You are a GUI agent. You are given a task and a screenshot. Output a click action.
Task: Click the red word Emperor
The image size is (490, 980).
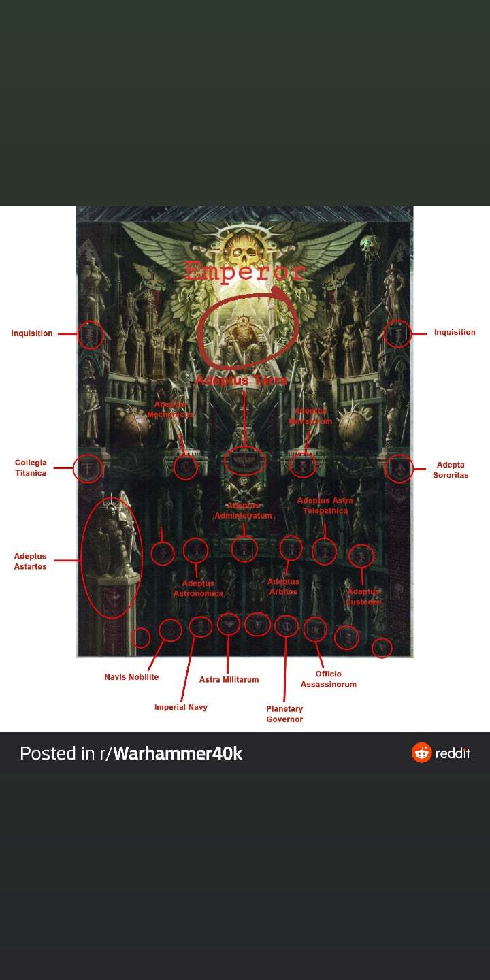[244, 272]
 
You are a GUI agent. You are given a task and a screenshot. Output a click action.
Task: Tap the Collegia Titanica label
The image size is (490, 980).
[31, 468]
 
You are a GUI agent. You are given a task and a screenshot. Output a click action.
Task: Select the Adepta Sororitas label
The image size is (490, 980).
[451, 470]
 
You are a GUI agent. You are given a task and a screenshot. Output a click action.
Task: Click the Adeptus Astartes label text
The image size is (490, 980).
[31, 561]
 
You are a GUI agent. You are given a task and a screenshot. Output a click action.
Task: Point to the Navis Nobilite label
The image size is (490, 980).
[131, 677]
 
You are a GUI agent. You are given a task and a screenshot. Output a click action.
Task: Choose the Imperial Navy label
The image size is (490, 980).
[181, 707]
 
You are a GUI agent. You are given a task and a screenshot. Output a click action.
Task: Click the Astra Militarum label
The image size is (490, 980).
[229, 679]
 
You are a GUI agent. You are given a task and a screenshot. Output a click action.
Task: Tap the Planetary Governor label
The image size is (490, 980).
[284, 714]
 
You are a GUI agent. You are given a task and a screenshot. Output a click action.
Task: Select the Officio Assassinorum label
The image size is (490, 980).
[329, 679]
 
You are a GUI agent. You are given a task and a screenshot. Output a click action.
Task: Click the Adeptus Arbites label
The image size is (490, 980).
[283, 587]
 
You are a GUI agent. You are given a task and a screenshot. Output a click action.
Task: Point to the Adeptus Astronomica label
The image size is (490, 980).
[198, 589]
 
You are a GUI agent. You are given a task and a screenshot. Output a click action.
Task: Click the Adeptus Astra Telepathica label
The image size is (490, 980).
[325, 506]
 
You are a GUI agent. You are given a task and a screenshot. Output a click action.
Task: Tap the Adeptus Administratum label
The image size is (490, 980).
[244, 511]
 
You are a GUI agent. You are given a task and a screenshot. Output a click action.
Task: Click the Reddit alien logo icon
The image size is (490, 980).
[422, 753]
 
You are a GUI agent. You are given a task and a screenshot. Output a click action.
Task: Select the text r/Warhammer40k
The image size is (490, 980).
[178, 753]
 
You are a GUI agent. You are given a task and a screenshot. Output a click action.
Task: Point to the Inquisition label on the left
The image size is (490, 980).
[32, 333]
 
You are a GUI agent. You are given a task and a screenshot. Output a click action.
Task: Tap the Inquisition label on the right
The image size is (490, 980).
[455, 333]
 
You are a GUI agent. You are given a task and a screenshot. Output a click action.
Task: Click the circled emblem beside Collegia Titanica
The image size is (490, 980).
[87, 468]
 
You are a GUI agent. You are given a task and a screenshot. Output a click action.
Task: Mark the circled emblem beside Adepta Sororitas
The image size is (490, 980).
[399, 468]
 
